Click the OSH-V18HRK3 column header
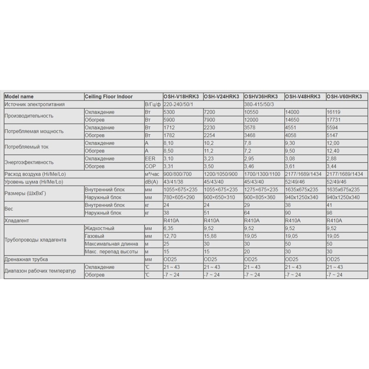(183, 96)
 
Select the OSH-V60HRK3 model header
(343, 96)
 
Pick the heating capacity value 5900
(170, 119)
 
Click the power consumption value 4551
(292, 128)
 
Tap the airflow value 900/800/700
(177, 174)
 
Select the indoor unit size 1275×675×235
(261, 190)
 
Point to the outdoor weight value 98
(329, 213)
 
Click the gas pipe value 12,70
(170, 236)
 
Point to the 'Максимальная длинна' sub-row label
(110, 244)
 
